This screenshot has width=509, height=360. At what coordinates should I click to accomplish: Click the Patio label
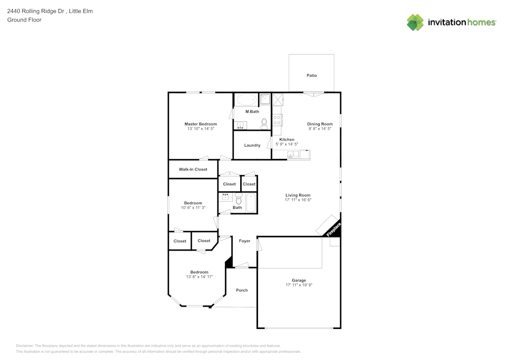point(312,75)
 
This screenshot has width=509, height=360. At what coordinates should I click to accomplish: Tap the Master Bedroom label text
point(201,124)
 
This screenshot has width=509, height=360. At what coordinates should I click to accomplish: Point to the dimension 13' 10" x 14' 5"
point(201,129)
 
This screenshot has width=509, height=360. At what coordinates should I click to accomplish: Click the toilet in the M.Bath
point(264,124)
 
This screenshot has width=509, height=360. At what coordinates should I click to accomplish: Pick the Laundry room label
point(252,145)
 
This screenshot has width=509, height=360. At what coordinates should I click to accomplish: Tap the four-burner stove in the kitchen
point(277,120)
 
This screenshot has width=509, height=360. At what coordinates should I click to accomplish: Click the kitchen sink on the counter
point(294,155)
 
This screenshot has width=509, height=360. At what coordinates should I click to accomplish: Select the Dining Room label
point(320,124)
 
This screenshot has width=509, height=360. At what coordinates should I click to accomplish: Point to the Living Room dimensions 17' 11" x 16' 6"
point(298,200)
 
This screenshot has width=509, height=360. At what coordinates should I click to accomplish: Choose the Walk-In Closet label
point(193,169)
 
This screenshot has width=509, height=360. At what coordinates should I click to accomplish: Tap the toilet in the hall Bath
point(238,199)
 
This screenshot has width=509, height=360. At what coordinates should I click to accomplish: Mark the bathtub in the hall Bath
point(251,203)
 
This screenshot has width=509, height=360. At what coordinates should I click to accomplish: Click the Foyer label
point(244,241)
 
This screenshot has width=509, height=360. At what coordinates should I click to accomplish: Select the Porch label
point(242,290)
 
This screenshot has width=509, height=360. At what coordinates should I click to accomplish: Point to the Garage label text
point(299,280)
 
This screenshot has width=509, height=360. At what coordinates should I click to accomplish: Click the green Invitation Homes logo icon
point(415,22)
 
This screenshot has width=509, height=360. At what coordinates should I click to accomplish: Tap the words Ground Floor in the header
point(24,20)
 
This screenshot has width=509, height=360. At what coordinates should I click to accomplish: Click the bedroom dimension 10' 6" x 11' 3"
point(193,208)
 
